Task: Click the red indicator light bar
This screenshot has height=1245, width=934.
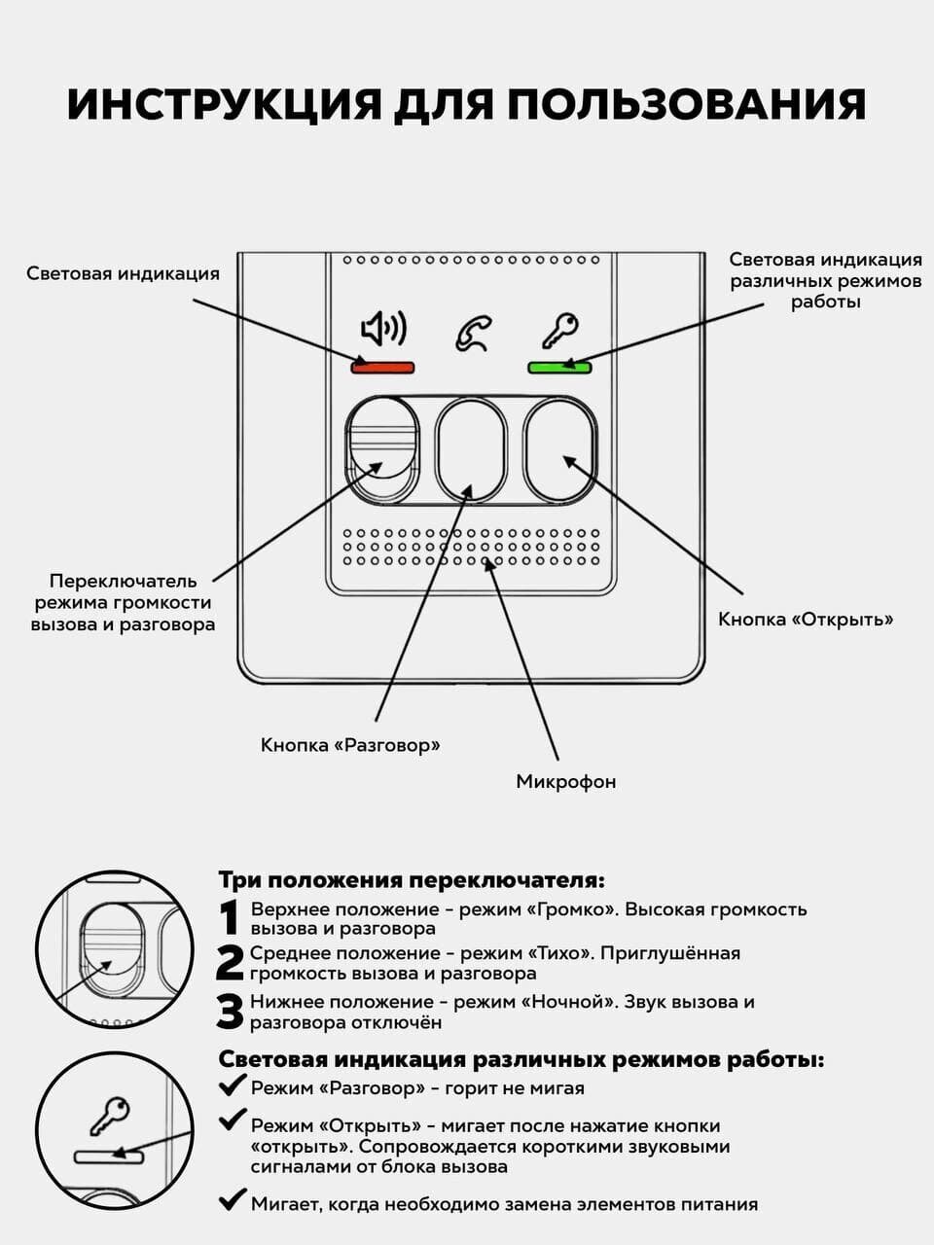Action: tap(383, 367)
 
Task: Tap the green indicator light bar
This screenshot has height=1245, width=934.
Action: tap(559, 367)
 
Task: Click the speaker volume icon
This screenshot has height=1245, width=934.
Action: tap(383, 330)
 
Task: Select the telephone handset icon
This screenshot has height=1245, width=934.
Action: tap(472, 332)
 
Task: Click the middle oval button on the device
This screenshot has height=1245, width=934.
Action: tap(471, 450)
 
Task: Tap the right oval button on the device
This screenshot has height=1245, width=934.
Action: tap(560, 450)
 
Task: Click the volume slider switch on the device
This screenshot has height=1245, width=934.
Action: tap(382, 450)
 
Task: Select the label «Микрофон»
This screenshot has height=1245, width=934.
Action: tap(565, 781)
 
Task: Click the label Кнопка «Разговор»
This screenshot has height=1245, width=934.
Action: tap(350, 745)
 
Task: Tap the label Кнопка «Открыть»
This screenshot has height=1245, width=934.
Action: tap(806, 619)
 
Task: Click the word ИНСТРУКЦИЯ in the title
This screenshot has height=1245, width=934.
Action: tap(224, 105)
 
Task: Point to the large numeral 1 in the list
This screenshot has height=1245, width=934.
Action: tap(229, 917)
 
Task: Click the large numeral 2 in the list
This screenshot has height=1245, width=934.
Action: tap(230, 963)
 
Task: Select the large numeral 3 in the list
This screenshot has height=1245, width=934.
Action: tap(230, 1012)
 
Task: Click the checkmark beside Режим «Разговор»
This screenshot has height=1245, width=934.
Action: tap(232, 1085)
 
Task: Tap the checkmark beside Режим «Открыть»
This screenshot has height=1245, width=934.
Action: tap(232, 1120)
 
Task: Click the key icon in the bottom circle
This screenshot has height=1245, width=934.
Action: tap(109, 1115)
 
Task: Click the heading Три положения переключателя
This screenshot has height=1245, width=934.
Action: tap(411, 880)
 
